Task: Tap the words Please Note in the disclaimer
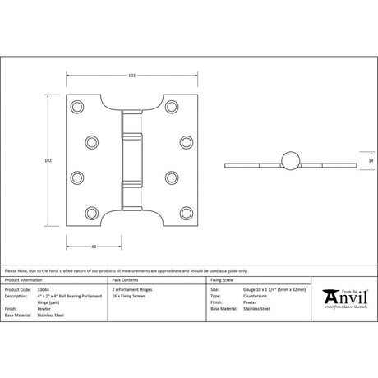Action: click(x=15, y=270)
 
